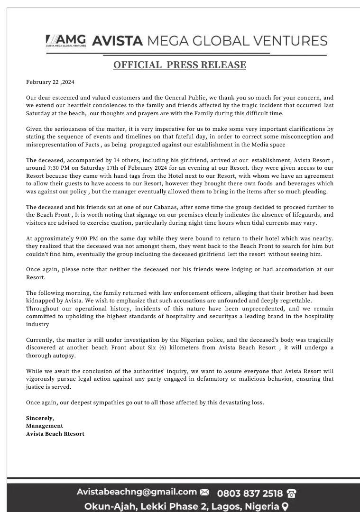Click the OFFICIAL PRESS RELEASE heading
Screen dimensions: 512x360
point(179,65)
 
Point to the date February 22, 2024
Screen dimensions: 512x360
point(50,82)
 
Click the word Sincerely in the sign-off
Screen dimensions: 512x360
point(39,418)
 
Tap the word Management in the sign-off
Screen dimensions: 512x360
point(45,426)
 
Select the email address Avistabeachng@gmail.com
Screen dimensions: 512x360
point(137,492)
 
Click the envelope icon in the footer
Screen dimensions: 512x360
point(204,493)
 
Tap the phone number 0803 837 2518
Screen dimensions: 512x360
point(249,493)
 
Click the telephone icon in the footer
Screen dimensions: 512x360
point(292,494)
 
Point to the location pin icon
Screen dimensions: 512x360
point(285,507)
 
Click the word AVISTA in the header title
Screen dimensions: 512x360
point(117,41)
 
